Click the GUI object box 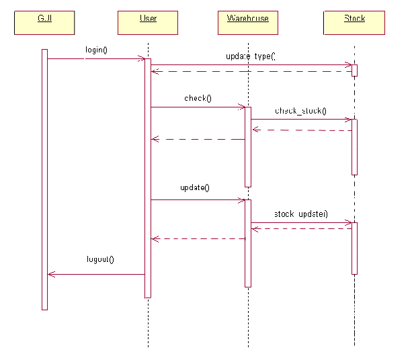(44, 22)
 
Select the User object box (147, 22)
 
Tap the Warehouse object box (247, 22)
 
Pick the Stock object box (354, 22)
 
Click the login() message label (97, 50)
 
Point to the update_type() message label (250, 56)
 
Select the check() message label (198, 98)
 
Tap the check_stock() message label (300, 111)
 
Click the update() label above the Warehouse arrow (195, 187)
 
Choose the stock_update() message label (300, 214)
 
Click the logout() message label (100, 259)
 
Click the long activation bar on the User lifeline (148, 178)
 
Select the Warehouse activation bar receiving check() (248, 146)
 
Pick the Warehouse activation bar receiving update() (248, 242)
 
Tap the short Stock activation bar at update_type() (354, 70)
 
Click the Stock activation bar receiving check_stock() (354, 147)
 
